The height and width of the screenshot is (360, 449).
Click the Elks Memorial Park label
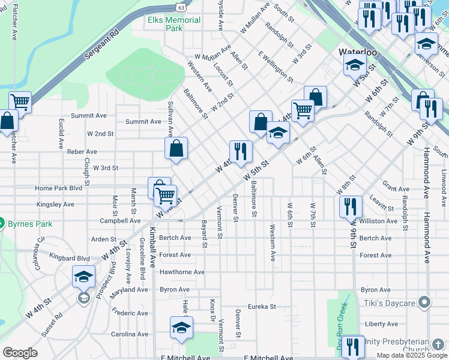click(x=174, y=24)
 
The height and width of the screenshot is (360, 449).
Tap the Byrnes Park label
click(x=30, y=224)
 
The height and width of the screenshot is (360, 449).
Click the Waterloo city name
click(x=358, y=52)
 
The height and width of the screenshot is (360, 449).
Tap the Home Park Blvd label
click(x=58, y=188)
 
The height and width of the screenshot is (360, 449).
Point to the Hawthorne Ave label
click(x=182, y=272)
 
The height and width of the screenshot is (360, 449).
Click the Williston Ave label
click(x=378, y=221)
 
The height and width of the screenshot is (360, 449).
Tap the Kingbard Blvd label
click(x=70, y=259)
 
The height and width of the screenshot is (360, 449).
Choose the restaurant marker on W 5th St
click(x=241, y=152)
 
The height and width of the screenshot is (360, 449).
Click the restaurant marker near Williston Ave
click(x=351, y=207)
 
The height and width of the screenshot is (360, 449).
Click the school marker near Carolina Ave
click(x=181, y=328)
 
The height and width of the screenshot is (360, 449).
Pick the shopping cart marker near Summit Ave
click(x=20, y=102)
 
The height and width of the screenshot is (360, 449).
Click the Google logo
click(x=20, y=353)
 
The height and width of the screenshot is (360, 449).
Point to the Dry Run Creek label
click(x=340, y=330)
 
